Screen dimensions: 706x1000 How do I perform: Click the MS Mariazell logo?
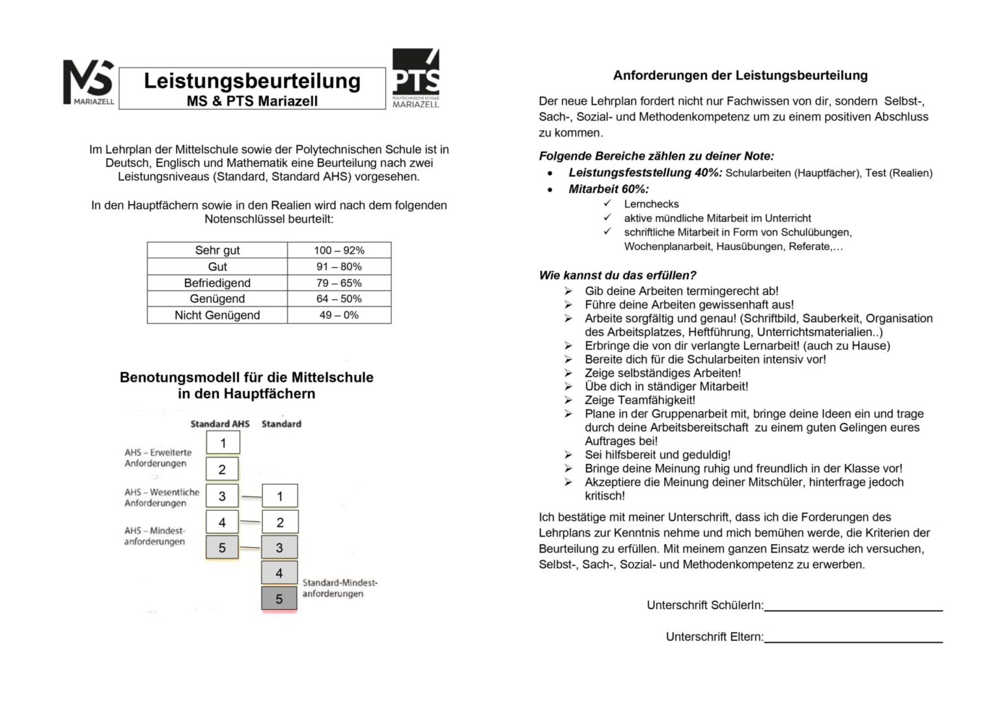click(89, 82)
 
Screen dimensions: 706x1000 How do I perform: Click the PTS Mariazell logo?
click(416, 79)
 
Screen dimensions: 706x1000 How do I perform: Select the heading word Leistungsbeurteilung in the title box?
click(252, 81)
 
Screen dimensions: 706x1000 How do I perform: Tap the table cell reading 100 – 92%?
click(339, 251)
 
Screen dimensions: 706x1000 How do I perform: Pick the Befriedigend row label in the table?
click(217, 283)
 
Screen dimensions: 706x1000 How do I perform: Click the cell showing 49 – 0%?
click(339, 315)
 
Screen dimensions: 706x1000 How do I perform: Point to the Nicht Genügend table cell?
click(217, 315)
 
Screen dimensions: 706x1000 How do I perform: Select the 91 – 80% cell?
click(339, 267)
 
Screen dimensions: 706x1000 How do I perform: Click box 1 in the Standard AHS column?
click(223, 443)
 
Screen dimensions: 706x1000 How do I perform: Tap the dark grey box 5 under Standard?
click(279, 599)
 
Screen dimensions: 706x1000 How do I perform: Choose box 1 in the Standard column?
click(280, 496)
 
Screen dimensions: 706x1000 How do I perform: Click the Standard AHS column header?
click(219, 424)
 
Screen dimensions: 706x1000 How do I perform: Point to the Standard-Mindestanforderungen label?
click(339, 588)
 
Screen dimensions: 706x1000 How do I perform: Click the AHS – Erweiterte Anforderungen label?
click(158, 457)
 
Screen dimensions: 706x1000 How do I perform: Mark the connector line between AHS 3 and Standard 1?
click(251, 497)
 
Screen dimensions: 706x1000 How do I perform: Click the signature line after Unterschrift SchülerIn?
click(853, 610)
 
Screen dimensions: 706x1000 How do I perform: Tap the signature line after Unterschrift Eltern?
click(853, 642)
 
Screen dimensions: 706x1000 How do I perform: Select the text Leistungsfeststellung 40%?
click(645, 172)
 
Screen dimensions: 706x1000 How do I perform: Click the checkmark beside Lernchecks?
click(607, 204)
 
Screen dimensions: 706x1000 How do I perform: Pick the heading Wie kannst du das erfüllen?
click(617, 275)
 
